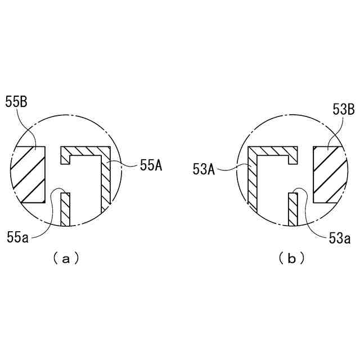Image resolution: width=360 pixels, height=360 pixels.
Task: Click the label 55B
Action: point(16,102)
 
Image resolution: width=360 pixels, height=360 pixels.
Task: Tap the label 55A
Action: point(151,165)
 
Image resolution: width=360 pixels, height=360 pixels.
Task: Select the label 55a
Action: point(17,237)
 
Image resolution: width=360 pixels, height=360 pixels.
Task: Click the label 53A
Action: point(204,170)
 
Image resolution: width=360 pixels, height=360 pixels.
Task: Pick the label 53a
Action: point(340,238)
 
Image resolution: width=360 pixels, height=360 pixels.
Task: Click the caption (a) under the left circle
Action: point(66,259)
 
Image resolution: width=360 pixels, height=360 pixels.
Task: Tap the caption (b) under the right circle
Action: point(292,259)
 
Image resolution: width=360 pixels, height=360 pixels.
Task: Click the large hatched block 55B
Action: point(28,174)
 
